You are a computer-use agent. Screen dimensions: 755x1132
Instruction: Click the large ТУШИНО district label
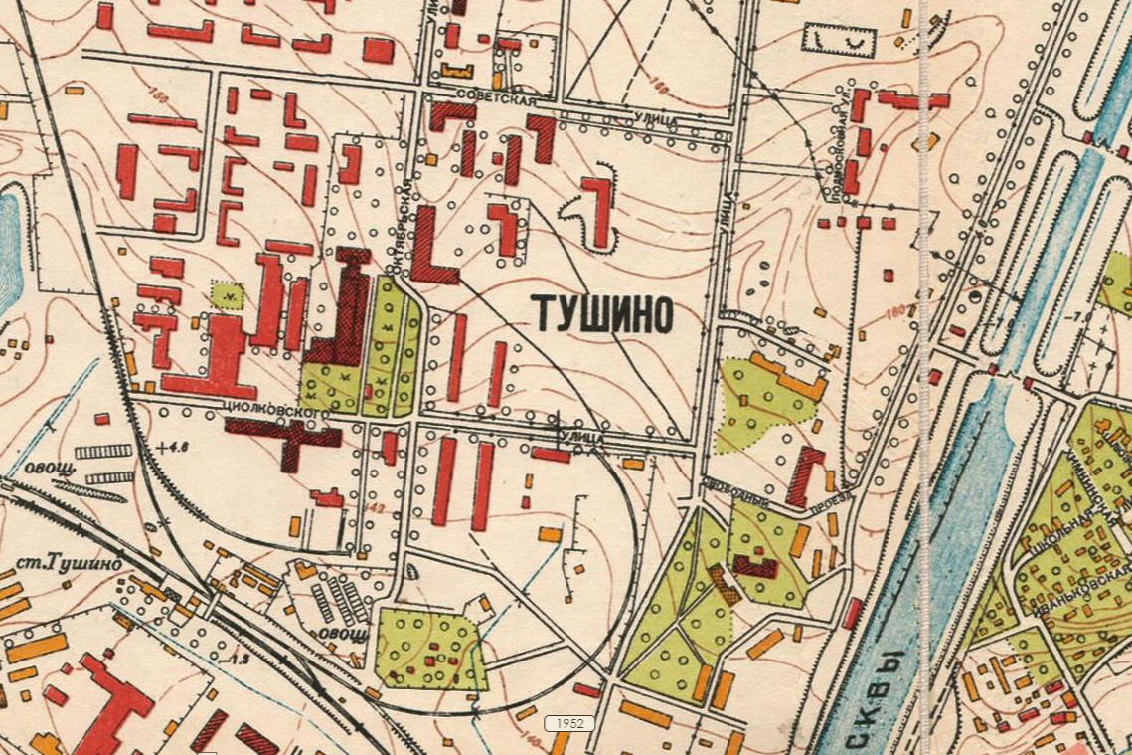(603, 313)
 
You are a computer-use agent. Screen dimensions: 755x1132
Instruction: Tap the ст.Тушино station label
(69, 564)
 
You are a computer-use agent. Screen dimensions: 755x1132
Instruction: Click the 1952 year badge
(569, 723)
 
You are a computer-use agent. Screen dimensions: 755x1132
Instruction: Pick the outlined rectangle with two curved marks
(838, 40)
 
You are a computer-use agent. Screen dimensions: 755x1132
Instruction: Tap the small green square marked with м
(228, 294)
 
